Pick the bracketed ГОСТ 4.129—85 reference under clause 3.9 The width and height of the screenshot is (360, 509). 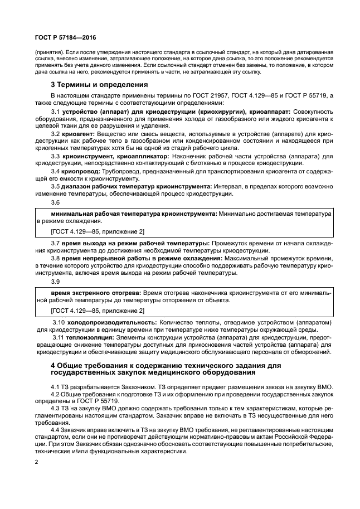tap(98, 310)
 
